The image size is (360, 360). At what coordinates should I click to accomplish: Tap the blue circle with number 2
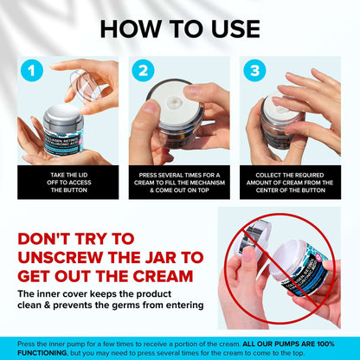pyautogui.click(x=143, y=71)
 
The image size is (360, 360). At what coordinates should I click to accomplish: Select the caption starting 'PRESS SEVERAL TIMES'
pyautogui.click(x=179, y=182)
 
